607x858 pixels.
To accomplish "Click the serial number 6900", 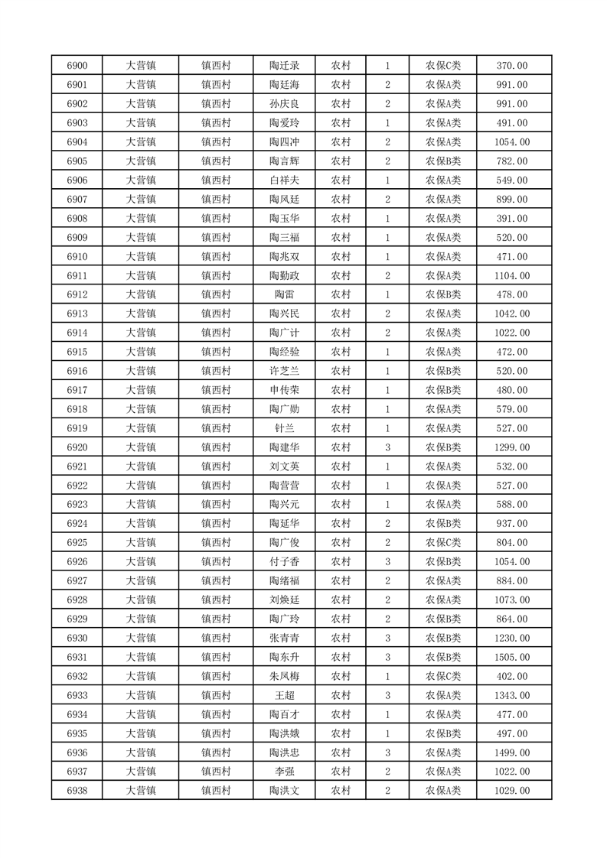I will click(77, 66).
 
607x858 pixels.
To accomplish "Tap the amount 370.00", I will click(512, 66).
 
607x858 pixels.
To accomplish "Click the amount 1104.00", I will click(512, 275).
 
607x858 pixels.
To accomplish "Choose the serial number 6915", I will click(77, 352).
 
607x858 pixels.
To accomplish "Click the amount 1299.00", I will click(512, 447).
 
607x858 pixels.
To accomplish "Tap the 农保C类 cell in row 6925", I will click(442, 542).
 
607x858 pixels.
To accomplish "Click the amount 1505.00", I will click(512, 657).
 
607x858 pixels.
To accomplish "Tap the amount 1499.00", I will click(512, 752).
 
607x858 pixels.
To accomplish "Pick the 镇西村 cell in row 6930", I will click(216, 638).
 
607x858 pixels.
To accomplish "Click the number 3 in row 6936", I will click(388, 752).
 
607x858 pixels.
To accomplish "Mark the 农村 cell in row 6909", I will click(341, 238).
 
